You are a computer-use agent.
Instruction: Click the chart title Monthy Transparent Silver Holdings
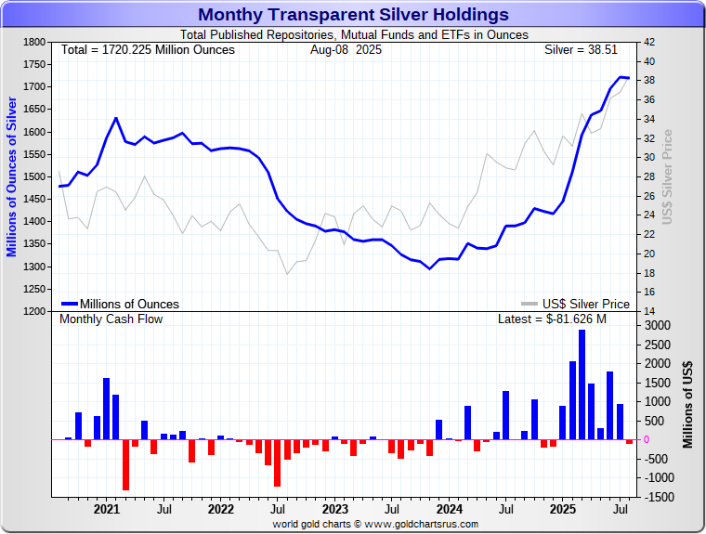(353, 14)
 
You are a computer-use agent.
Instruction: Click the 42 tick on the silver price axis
(649, 43)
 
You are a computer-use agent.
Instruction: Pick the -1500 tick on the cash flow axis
(657, 497)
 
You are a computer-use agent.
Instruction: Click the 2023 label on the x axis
(334, 509)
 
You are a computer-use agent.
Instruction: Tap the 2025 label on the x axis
(562, 509)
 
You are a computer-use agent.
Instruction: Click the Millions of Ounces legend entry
(121, 304)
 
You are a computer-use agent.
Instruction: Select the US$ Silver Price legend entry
(576, 304)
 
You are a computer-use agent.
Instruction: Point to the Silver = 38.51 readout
(586, 49)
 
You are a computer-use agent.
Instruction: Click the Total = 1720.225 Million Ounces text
(148, 49)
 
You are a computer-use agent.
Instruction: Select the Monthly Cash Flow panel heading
(111, 319)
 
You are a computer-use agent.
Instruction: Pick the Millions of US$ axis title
(687, 404)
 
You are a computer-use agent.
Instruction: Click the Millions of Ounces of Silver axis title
(12, 176)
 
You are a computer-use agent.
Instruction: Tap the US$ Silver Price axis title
(666, 176)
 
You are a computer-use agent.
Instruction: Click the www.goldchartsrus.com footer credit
(375, 524)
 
